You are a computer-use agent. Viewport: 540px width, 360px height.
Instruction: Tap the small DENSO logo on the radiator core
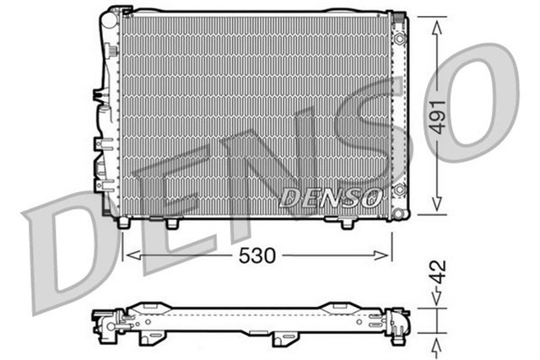pyautogui.click(x=330, y=198)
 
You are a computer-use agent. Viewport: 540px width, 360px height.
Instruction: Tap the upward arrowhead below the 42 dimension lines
pyautogui.click(x=436, y=343)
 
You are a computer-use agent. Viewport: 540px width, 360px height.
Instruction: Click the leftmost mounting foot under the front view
pyautogui.click(x=125, y=223)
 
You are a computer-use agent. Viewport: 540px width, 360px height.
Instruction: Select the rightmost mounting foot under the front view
pyautogui.click(x=348, y=223)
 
